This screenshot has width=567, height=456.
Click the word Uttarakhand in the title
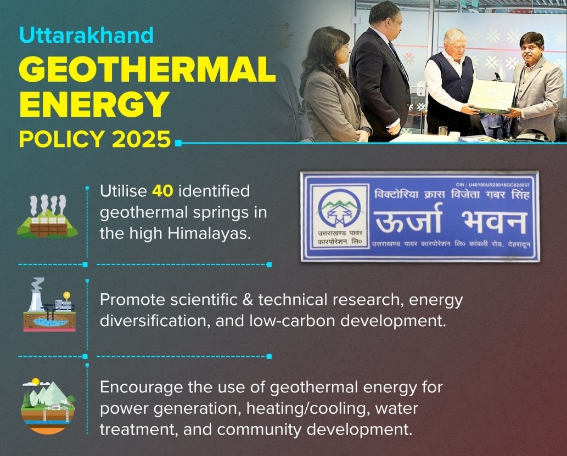(86, 35)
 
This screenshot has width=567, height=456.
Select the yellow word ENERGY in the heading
(94, 104)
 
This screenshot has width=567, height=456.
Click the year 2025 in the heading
(141, 139)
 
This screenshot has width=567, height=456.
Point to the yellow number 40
(162, 191)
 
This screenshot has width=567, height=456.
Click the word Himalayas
(209, 233)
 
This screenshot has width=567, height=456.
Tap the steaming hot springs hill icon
(47, 216)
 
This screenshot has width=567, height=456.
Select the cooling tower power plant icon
(49, 304)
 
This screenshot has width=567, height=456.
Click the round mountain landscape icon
(48, 406)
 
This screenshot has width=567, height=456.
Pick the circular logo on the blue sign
(339, 208)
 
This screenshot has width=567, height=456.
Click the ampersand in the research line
(248, 300)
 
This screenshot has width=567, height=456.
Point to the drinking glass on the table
(443, 132)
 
